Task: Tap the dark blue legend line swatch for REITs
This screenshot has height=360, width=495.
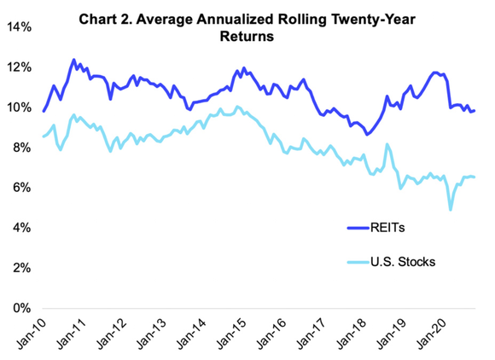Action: (x=359, y=227)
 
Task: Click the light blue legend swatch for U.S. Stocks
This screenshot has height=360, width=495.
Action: (x=359, y=262)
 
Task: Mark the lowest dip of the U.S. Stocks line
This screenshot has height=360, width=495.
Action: (x=451, y=209)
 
